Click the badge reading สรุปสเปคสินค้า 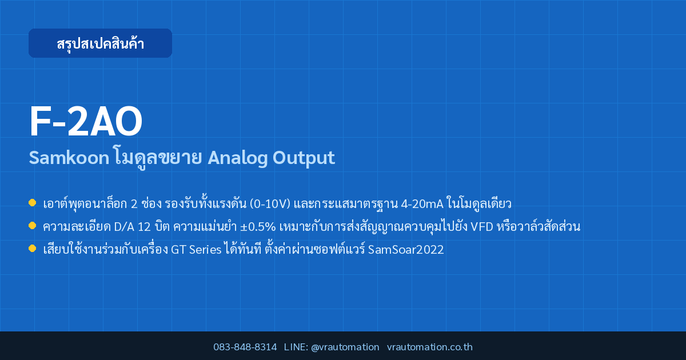pos(100,43)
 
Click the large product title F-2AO pos(86,122)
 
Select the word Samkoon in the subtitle pos(69,158)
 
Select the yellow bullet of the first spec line pos(32,203)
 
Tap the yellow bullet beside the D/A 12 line pos(32,226)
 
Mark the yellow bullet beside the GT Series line pos(32,248)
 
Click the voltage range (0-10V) pos(270,203)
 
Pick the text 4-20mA pos(422,204)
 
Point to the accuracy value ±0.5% pos(258,227)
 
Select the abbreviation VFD pos(482,227)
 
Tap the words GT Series pos(196,250)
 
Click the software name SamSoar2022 pos(406,250)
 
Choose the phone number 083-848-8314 pos(245,347)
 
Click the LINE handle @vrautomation pos(345,347)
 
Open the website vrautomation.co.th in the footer pos(430,347)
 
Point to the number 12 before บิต pos(144,227)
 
